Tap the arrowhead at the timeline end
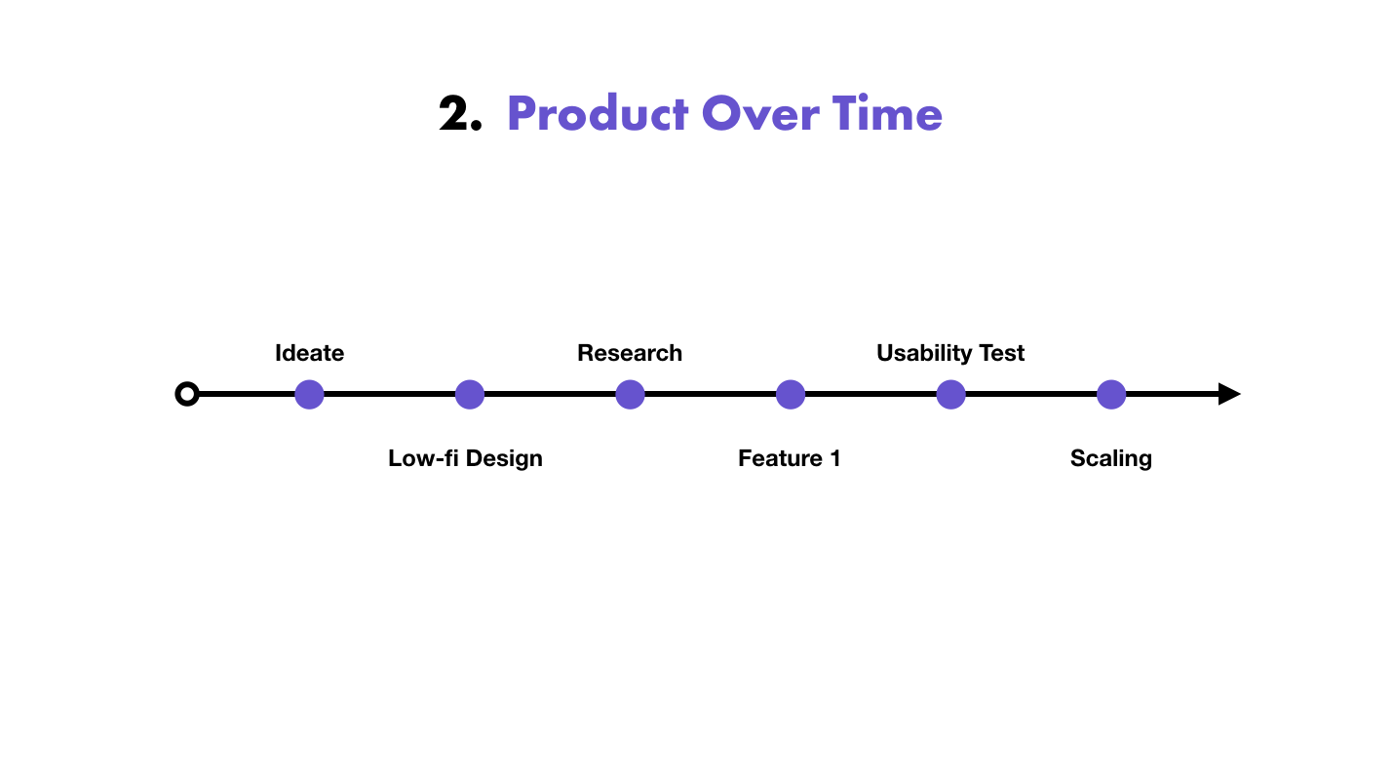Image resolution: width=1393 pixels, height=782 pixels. (x=1229, y=394)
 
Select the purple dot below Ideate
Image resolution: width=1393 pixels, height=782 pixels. (x=309, y=395)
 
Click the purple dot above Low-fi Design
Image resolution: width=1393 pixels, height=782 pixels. (x=470, y=395)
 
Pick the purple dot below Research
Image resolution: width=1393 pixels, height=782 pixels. (x=630, y=395)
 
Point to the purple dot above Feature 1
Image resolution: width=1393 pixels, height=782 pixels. (x=791, y=395)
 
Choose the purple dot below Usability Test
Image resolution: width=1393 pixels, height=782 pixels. (x=950, y=395)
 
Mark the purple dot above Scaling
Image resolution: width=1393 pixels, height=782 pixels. (x=1111, y=395)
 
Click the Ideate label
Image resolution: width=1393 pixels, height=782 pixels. (x=310, y=353)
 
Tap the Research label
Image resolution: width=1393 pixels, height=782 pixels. (x=630, y=353)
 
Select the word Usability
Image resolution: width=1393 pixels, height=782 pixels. (x=925, y=353)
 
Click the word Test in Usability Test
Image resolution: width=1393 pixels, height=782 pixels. (x=1002, y=353)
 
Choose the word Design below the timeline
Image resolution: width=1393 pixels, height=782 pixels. (x=504, y=459)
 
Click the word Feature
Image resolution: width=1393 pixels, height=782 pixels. (x=781, y=458)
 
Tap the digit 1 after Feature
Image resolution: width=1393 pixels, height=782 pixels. (x=835, y=458)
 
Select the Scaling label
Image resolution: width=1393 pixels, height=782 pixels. (x=1111, y=459)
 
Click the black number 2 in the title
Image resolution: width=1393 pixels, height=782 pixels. (x=453, y=113)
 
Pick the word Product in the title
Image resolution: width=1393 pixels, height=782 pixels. (x=598, y=113)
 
